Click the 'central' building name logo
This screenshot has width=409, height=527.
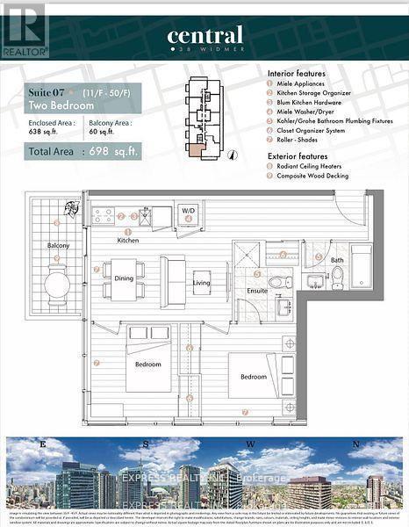(x=204, y=37)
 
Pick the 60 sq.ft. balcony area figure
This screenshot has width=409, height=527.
(x=103, y=133)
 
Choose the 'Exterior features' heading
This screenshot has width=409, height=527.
(x=296, y=155)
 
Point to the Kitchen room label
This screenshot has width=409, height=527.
(x=128, y=240)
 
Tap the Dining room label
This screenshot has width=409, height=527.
(x=125, y=278)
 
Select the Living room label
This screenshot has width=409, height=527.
(x=203, y=282)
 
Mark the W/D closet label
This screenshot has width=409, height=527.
(x=188, y=212)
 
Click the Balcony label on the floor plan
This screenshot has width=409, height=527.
(x=58, y=245)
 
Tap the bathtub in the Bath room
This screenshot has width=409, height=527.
(x=361, y=265)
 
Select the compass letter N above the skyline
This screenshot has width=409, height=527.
(x=356, y=444)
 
